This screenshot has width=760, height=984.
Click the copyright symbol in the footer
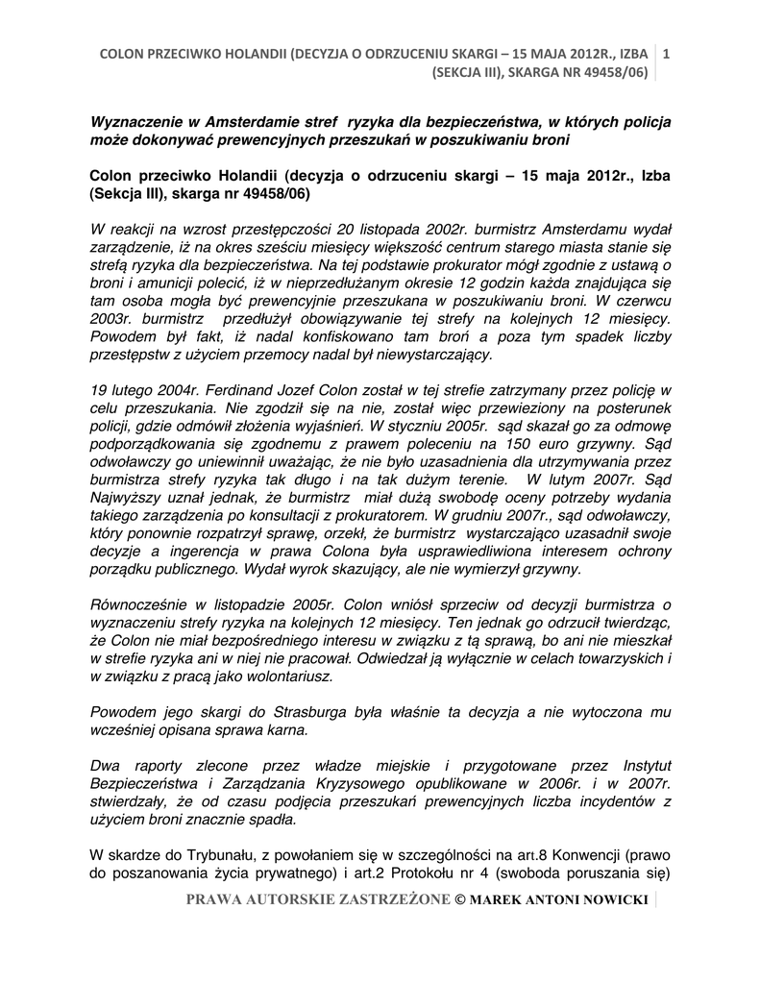458,901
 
